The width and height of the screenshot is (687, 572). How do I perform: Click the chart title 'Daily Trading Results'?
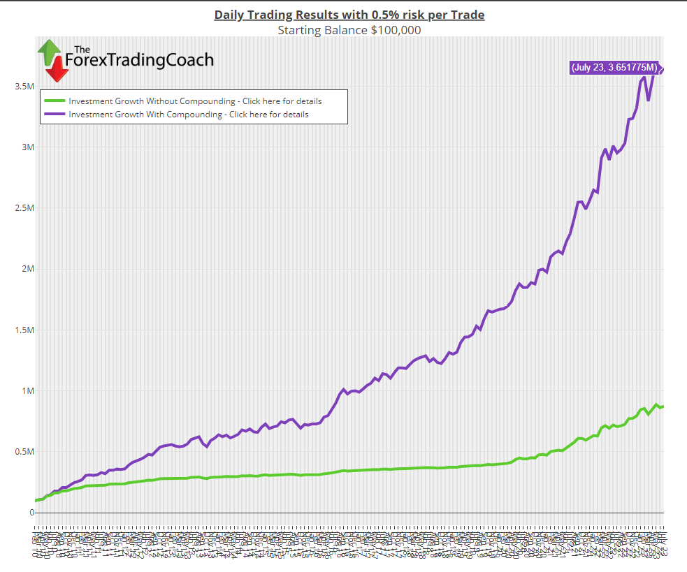[349, 15]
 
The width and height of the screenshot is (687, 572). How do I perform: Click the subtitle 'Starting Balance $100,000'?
[349, 30]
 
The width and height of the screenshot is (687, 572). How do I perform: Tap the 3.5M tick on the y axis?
[24, 87]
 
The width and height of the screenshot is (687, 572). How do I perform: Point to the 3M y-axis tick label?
[27, 147]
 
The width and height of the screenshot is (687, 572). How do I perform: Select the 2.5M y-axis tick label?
[24, 208]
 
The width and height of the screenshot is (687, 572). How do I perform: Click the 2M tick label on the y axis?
[27, 269]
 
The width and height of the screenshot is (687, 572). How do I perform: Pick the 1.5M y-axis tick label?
[24, 330]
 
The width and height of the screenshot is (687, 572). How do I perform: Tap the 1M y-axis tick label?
[27, 390]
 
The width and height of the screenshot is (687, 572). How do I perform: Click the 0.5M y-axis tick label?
[24, 451]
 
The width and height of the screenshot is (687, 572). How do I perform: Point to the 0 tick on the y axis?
[31, 512]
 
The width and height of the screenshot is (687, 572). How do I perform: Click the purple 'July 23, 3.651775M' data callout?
[614, 68]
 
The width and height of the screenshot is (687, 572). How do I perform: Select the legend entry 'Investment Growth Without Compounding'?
[195, 101]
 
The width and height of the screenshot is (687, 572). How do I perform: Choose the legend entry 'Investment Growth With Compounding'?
[189, 115]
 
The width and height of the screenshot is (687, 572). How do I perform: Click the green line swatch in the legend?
[55, 101]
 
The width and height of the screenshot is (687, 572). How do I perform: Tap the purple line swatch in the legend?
[55, 115]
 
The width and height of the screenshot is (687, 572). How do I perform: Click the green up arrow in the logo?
[49, 50]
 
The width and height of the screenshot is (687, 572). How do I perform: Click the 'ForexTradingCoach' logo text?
[139, 61]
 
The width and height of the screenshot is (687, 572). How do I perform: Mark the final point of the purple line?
[661, 68]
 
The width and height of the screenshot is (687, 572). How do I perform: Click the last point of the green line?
[663, 406]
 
